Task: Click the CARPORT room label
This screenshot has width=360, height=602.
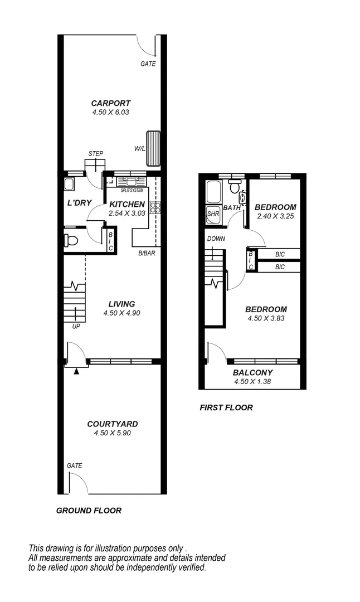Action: pyautogui.click(x=111, y=103)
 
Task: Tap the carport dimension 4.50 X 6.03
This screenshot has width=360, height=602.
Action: pyautogui.click(x=111, y=112)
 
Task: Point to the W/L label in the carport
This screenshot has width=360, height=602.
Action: pyautogui.click(x=139, y=149)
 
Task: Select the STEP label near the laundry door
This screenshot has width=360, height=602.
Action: pyautogui.click(x=95, y=154)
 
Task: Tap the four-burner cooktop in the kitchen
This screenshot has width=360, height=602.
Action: pyautogui.click(x=155, y=208)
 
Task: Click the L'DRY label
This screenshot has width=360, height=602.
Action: pyautogui.click(x=79, y=203)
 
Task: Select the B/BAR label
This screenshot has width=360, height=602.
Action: pyautogui.click(x=147, y=254)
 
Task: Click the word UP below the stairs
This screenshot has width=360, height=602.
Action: pyautogui.click(x=76, y=327)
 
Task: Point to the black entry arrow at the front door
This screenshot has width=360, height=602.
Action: pyautogui.click(x=76, y=372)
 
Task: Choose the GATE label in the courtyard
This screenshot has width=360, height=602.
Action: pyautogui.click(x=75, y=465)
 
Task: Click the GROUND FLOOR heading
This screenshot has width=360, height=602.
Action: pyautogui.click(x=89, y=511)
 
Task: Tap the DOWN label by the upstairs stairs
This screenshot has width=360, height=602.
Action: pyautogui.click(x=216, y=239)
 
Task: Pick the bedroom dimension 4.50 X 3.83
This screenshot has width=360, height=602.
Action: pyautogui.click(x=266, y=319)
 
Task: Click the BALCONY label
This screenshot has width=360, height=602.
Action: pyautogui.click(x=252, y=373)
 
